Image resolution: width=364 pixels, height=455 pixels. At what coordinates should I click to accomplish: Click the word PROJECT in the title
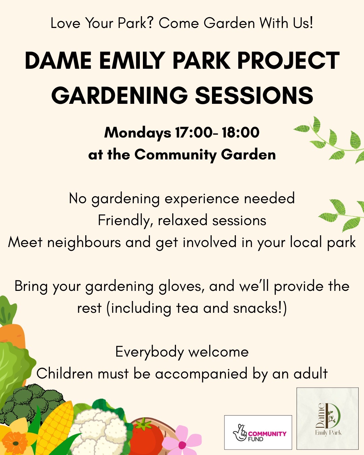pos(288,60)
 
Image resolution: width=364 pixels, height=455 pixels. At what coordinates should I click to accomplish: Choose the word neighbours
pos(84,243)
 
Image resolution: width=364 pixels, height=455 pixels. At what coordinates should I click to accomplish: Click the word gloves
pos(181,287)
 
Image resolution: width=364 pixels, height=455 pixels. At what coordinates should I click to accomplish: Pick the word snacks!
pos(260,308)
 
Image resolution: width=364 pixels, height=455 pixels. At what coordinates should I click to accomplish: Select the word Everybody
pos(150,352)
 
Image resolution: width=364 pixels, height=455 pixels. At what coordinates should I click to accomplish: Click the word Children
pos(65,373)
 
